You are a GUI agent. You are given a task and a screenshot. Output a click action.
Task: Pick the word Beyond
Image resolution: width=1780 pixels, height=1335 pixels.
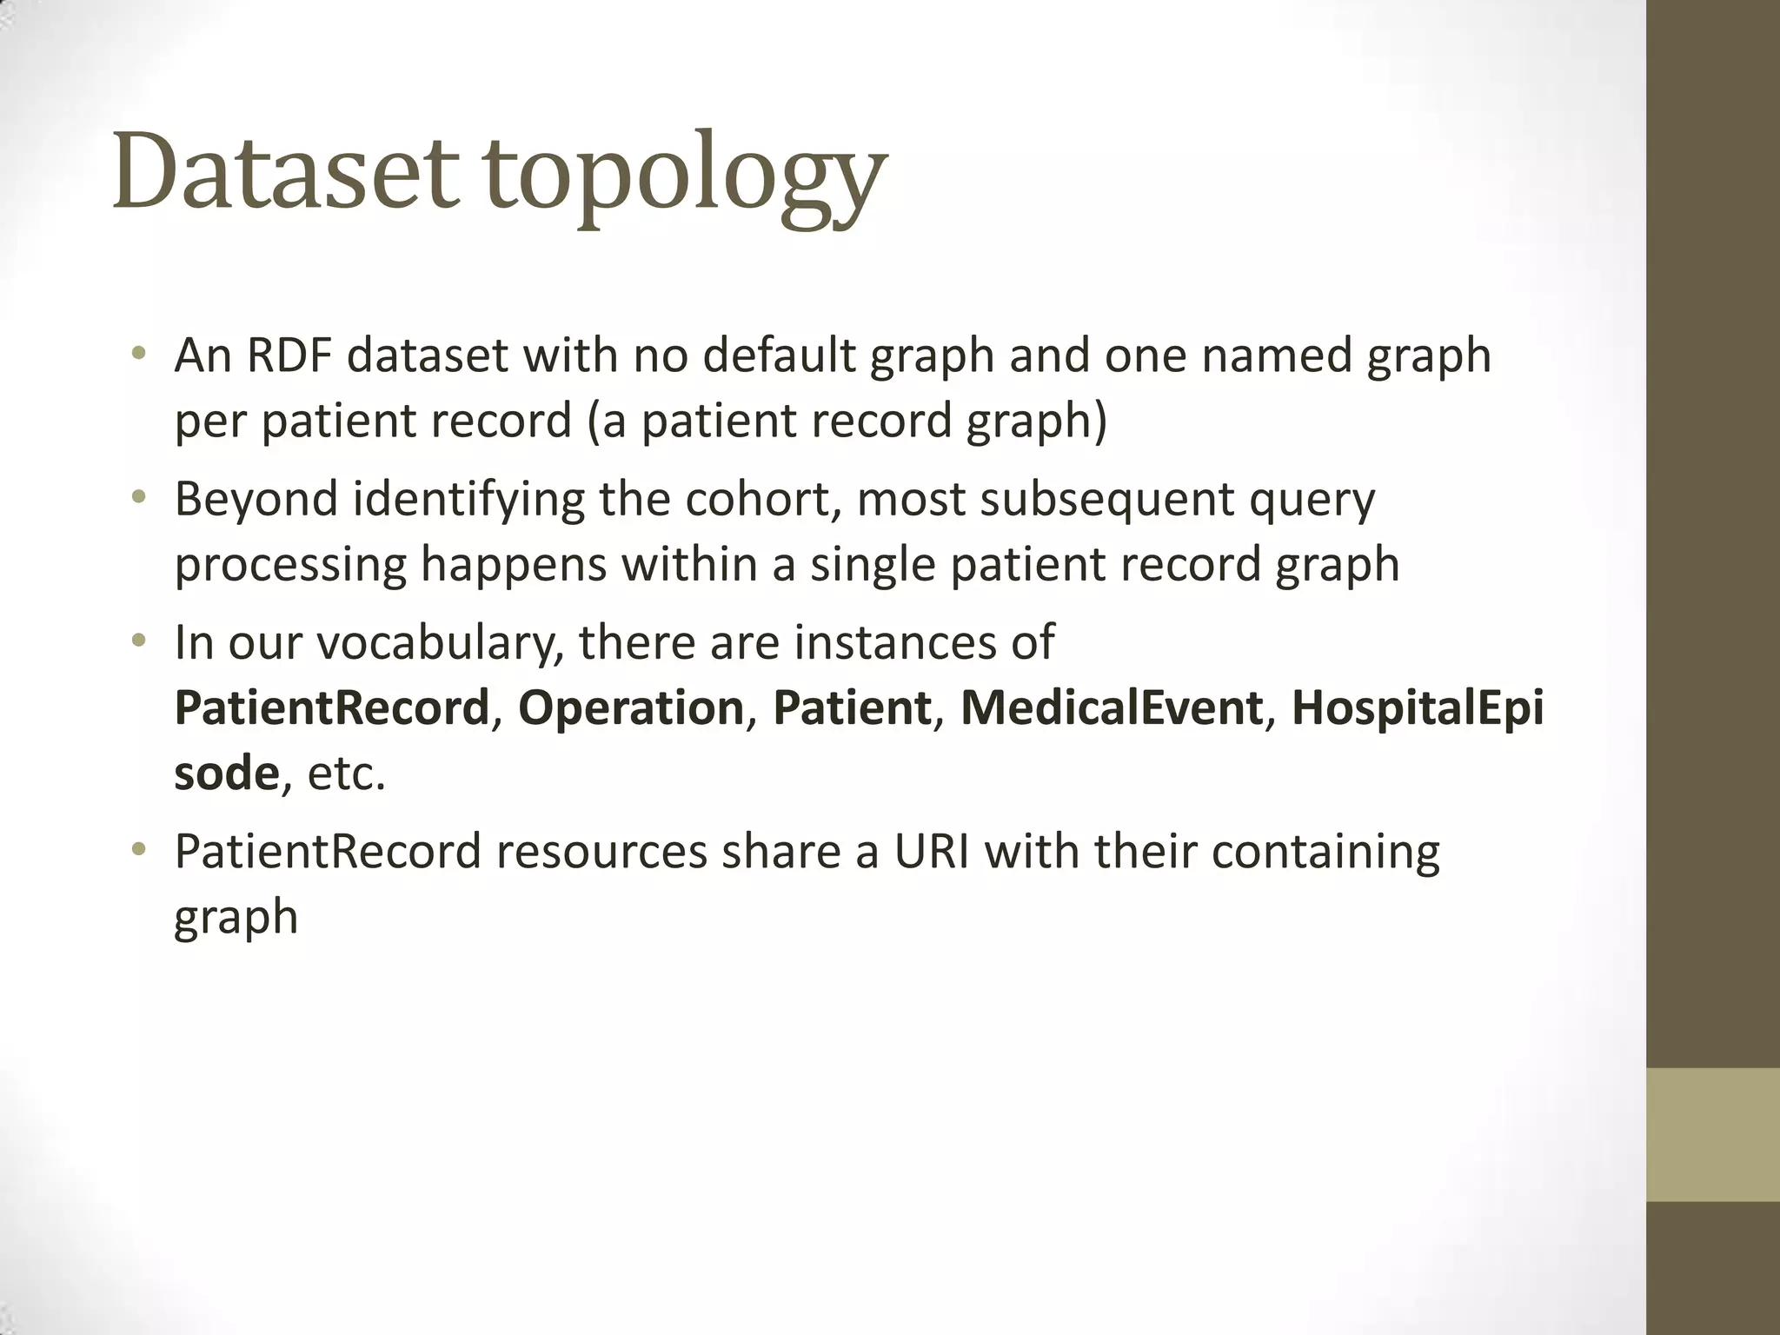256,500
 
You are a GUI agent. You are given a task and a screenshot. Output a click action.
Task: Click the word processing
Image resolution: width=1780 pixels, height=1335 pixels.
290,566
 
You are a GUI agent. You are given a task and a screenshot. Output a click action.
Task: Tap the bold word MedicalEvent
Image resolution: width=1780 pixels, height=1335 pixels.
1111,707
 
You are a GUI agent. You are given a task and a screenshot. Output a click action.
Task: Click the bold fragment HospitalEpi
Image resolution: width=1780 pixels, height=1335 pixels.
1418,707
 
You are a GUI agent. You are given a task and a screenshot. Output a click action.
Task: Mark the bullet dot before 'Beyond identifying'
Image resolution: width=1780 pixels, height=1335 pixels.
137,498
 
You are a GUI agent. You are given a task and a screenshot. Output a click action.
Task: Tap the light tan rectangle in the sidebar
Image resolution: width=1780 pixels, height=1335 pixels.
1713,1134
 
